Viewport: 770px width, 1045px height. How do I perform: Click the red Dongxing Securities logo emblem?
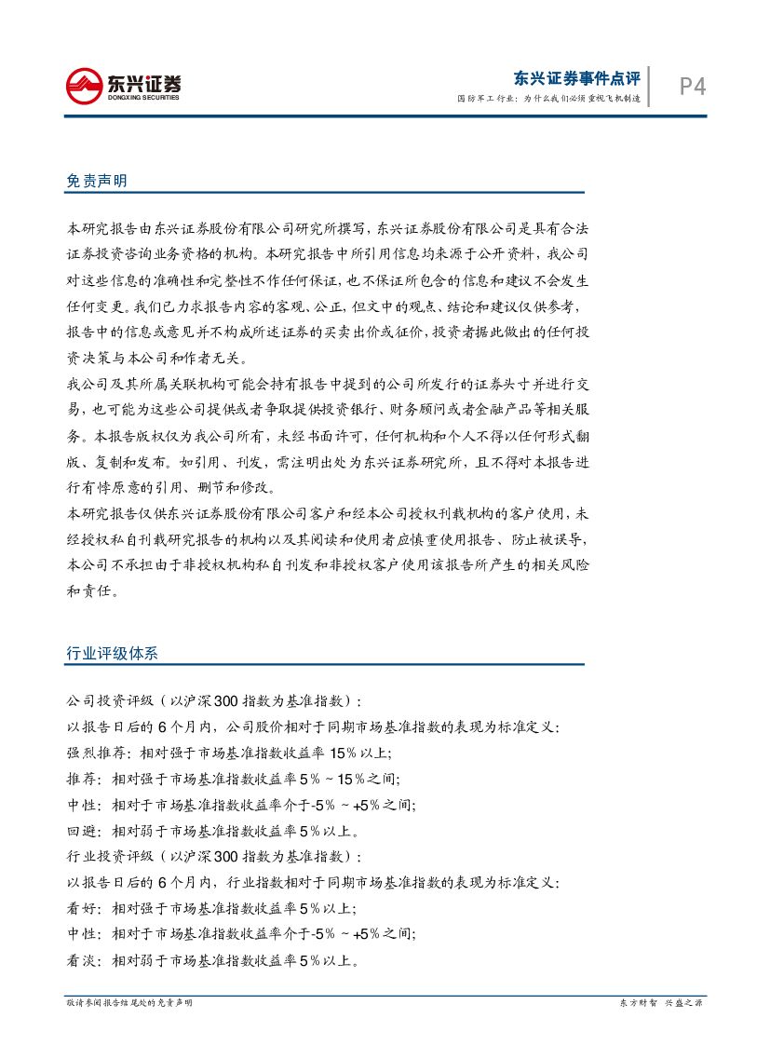pos(84,86)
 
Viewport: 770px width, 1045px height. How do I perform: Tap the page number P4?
pos(692,87)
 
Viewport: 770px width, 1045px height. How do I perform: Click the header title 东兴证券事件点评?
pos(577,79)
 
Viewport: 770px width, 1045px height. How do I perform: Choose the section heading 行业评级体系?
pos(113,653)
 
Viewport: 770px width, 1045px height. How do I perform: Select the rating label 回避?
pos(81,831)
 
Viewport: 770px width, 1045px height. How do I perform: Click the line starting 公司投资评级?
pos(214,700)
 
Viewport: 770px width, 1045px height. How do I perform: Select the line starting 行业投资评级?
pos(214,856)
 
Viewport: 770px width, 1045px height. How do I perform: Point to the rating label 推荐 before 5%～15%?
pos(81,779)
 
